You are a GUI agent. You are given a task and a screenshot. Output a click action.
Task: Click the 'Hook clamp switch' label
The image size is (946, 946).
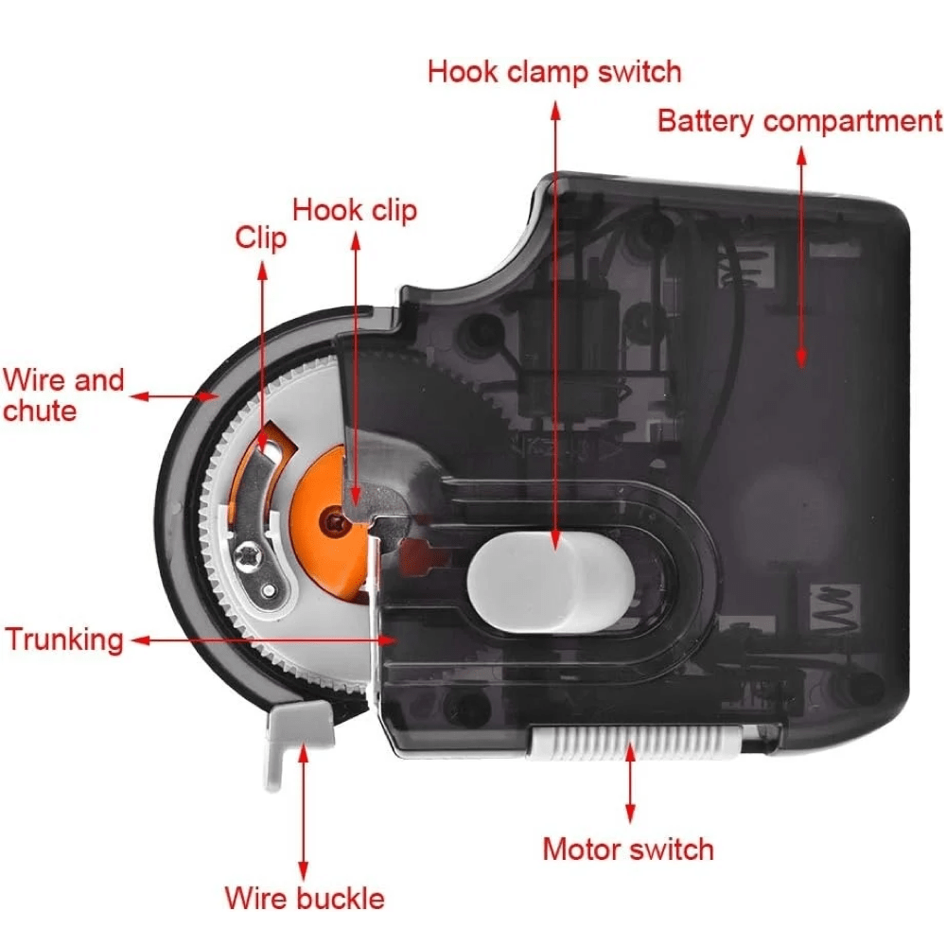pyautogui.click(x=553, y=71)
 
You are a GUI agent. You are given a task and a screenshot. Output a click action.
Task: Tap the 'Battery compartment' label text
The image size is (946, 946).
pyautogui.click(x=799, y=121)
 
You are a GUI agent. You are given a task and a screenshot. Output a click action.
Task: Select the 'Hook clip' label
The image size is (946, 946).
pyautogui.click(x=355, y=209)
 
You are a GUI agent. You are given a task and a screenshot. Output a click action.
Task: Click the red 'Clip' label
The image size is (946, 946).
pyautogui.click(x=261, y=236)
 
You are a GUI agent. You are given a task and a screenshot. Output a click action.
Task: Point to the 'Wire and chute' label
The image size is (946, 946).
pyautogui.click(x=63, y=395)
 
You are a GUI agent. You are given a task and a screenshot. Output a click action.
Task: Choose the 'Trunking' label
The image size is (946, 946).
pyautogui.click(x=64, y=639)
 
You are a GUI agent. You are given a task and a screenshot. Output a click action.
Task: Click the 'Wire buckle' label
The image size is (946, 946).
pyautogui.click(x=305, y=897)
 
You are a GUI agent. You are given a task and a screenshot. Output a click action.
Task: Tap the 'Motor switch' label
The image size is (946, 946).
pyautogui.click(x=628, y=849)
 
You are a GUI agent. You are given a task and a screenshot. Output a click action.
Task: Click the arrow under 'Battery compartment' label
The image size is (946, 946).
pyautogui.click(x=801, y=255)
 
